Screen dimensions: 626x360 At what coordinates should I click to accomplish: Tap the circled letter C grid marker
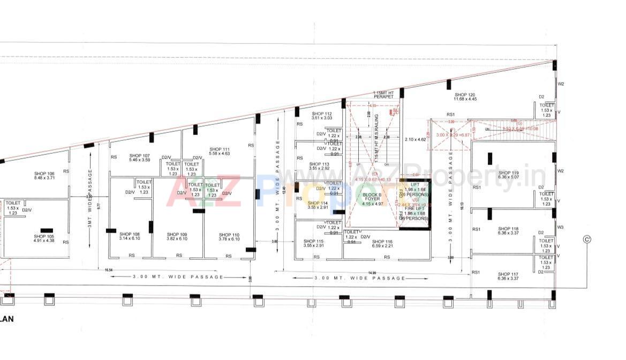(587, 239)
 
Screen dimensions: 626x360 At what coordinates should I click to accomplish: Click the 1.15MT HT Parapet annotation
(383, 94)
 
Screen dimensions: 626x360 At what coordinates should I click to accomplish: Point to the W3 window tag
(560, 227)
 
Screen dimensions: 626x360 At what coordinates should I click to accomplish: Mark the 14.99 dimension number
(372, 272)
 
